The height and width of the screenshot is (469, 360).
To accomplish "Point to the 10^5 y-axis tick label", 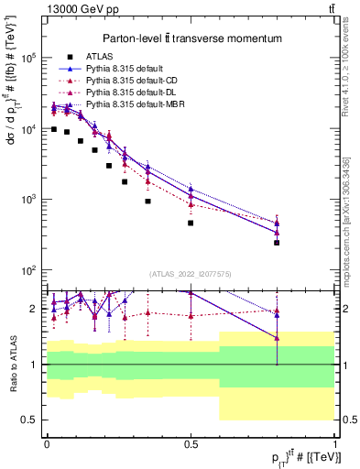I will [x=26, y=58].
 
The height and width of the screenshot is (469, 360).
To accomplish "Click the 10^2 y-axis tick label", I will [x=26, y=270].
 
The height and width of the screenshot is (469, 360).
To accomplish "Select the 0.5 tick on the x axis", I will [x=191, y=443].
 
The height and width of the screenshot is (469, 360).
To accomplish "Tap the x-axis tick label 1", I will [x=334, y=443].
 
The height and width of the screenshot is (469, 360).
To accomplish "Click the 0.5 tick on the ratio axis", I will [x=29, y=420].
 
